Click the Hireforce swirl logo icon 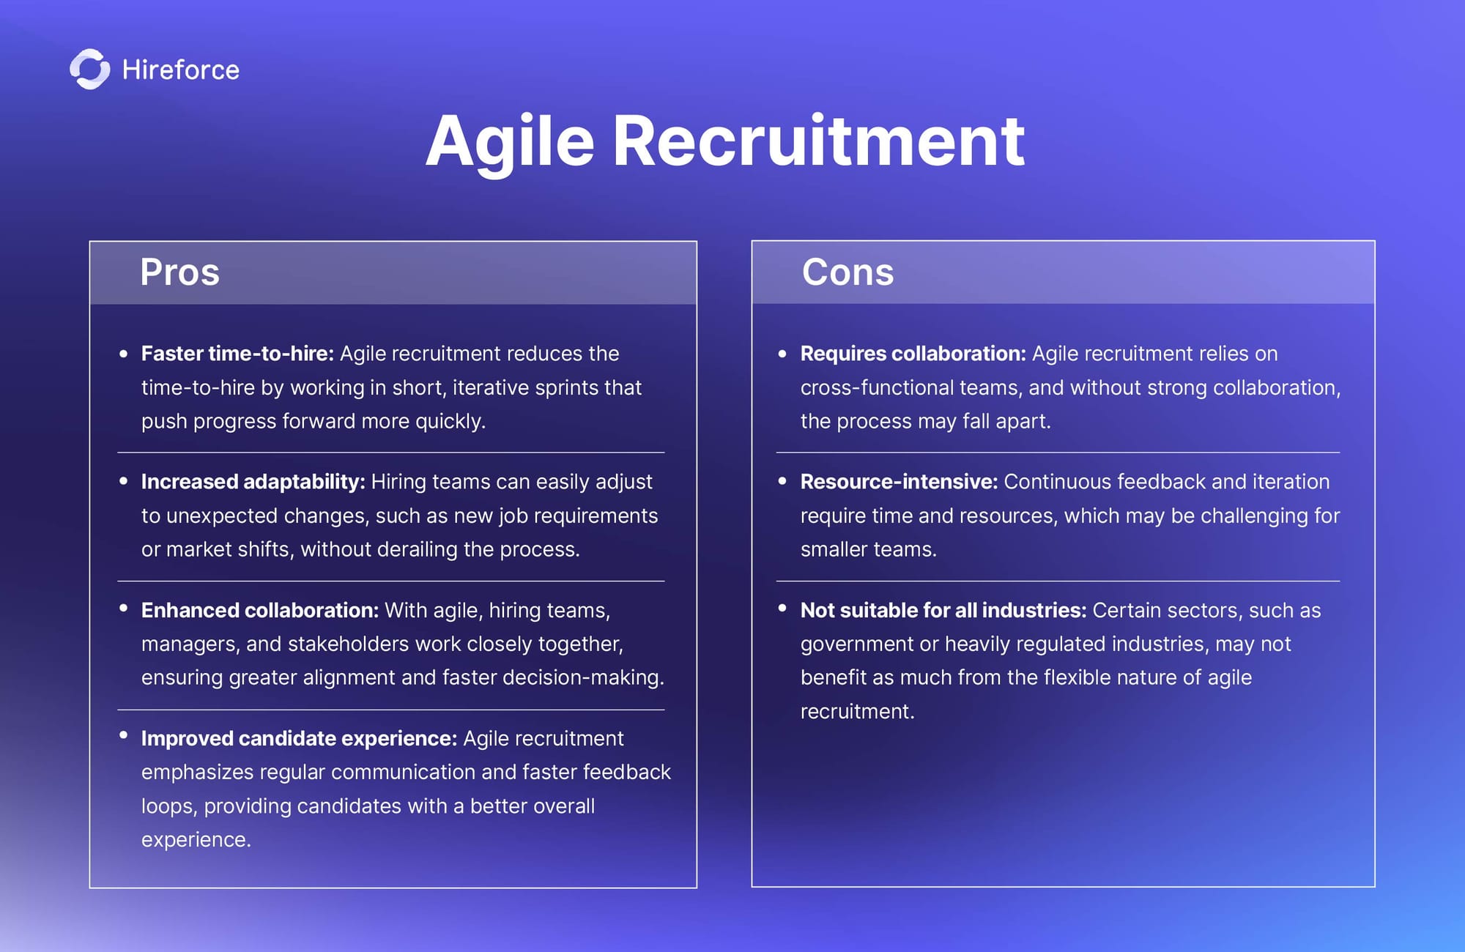[x=90, y=70]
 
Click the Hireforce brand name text [x=181, y=70]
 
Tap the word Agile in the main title [x=510, y=143]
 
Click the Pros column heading [x=179, y=272]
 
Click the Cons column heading [x=848, y=272]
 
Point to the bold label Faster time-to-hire [x=237, y=354]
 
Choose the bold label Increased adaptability [x=253, y=482]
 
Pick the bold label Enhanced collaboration [x=260, y=610]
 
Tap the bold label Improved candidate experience [x=299, y=739]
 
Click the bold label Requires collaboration [x=913, y=354]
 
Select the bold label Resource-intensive [x=899, y=482]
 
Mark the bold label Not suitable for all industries [x=943, y=610]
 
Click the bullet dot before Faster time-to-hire [x=124, y=354]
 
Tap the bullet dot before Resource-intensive [x=782, y=481]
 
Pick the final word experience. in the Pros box [x=196, y=840]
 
